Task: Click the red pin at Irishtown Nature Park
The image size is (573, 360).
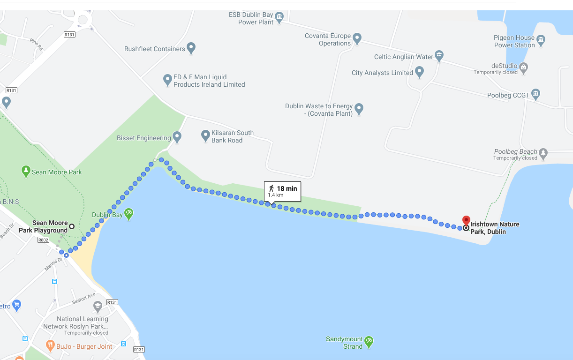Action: click(x=466, y=220)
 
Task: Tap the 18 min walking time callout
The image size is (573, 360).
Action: click(x=282, y=191)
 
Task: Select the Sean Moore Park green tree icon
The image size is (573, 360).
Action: click(x=26, y=171)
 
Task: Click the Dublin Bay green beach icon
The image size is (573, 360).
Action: click(x=128, y=214)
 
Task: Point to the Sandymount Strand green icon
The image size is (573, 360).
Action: click(x=369, y=342)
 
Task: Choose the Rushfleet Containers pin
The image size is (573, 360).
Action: click(x=191, y=48)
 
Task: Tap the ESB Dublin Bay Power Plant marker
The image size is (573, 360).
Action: click(x=279, y=17)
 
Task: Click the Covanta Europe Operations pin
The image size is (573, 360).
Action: click(x=357, y=38)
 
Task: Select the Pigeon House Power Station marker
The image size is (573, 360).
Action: click(x=541, y=40)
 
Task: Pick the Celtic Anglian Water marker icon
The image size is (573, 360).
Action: click(x=439, y=56)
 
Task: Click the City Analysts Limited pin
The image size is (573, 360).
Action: click(x=420, y=72)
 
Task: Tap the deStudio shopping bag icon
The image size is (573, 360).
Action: click(x=524, y=67)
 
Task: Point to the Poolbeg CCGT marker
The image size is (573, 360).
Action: click(x=536, y=94)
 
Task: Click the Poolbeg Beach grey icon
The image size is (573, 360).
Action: click(x=543, y=153)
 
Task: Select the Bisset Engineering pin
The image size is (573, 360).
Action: click(x=177, y=137)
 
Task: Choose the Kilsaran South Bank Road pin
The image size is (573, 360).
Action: click(x=205, y=135)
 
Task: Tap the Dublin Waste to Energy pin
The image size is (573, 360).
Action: click(x=359, y=109)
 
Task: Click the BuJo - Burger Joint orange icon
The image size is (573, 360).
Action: click(x=51, y=346)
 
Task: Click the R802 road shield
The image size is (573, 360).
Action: click(x=43, y=240)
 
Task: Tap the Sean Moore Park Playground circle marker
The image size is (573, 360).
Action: click(x=72, y=226)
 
